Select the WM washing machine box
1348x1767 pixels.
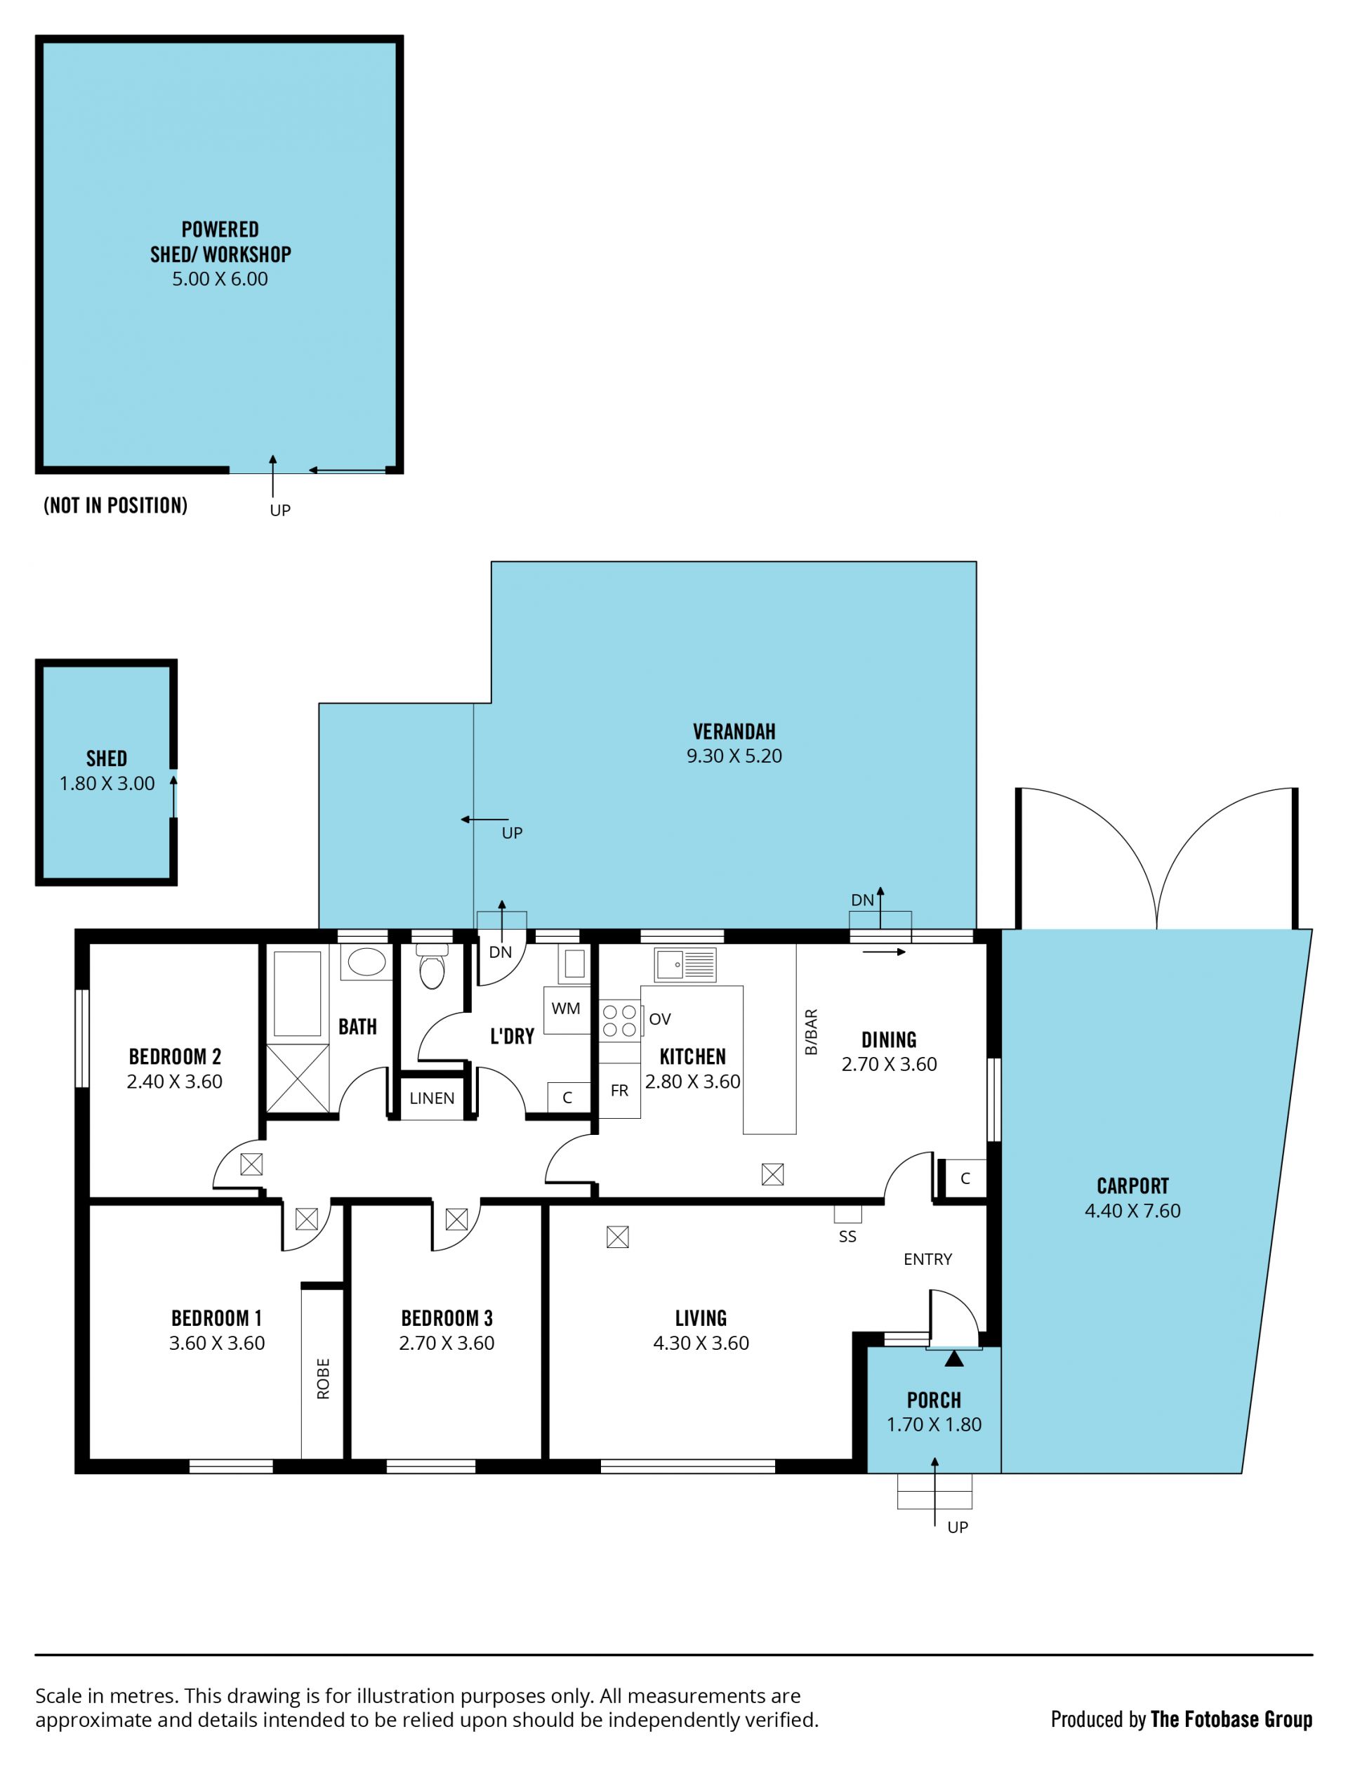point(567,1009)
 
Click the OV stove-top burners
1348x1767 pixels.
point(620,1019)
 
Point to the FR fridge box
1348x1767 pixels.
point(619,1091)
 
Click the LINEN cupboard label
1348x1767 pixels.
point(432,1098)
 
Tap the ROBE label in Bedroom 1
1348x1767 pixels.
point(322,1379)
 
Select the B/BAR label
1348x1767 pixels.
point(810,1032)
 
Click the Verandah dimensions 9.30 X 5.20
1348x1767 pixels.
point(734,755)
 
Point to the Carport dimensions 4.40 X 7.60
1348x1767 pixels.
point(1132,1210)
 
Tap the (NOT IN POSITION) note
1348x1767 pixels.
point(116,506)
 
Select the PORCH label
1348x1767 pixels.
point(934,1400)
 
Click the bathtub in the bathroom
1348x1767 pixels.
point(297,994)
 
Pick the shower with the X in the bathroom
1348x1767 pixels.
point(297,1078)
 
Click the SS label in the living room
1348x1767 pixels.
point(847,1237)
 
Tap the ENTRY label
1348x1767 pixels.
point(927,1259)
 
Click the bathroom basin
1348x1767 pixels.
point(366,961)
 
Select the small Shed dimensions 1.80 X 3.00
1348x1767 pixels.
point(107,783)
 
